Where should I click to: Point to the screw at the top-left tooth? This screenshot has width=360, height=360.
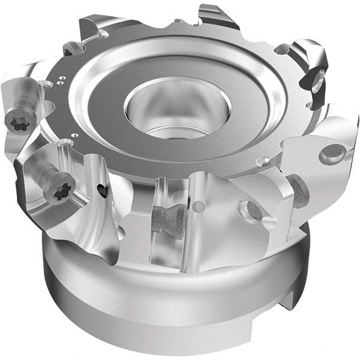coord(73,48)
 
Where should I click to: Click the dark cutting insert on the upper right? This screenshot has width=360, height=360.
coord(315,78)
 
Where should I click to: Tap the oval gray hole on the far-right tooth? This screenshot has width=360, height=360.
coord(332,154)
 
